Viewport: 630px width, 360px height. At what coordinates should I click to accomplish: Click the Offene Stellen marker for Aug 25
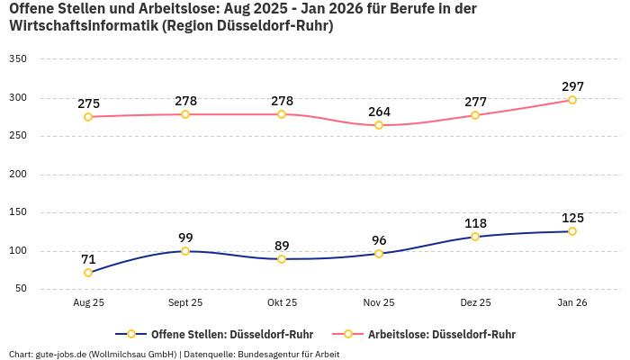(x=88, y=273)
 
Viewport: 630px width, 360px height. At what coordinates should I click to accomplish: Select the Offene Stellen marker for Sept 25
(x=185, y=251)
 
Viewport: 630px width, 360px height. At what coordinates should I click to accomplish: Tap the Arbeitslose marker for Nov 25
(x=379, y=125)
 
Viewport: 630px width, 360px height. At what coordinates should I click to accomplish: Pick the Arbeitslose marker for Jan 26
(x=572, y=100)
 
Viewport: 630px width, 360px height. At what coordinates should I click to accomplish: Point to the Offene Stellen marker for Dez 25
(x=475, y=237)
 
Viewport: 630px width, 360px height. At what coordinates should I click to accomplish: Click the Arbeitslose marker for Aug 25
(x=88, y=117)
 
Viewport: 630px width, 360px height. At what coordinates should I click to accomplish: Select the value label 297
(x=572, y=86)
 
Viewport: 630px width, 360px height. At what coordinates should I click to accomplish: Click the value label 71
(x=88, y=259)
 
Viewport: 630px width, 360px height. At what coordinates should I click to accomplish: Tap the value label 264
(x=379, y=112)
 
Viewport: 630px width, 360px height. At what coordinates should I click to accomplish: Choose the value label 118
(x=475, y=223)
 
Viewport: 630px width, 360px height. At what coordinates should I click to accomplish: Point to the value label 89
(x=282, y=246)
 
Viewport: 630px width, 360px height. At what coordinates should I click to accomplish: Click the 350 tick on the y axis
(x=18, y=59)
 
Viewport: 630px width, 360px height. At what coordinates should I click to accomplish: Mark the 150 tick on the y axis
(x=18, y=212)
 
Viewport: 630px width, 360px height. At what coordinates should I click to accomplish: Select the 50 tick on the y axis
(x=21, y=289)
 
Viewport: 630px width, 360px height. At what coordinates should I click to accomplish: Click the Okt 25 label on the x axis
(x=282, y=303)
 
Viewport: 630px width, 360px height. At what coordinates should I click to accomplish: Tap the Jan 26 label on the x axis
(x=572, y=303)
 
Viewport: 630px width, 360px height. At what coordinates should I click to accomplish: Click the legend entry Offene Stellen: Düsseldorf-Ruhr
(x=225, y=334)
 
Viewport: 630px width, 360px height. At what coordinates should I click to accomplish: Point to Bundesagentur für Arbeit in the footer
(x=289, y=354)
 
